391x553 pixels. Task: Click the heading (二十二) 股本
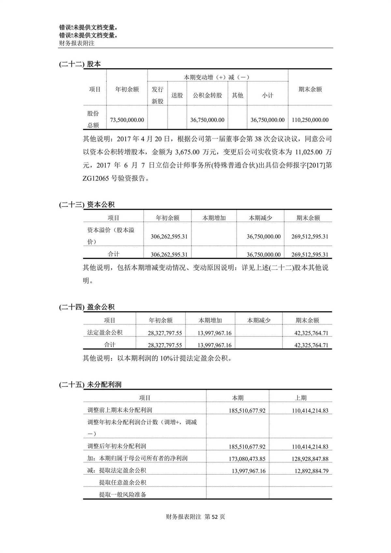80,64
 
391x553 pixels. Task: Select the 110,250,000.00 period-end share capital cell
310,120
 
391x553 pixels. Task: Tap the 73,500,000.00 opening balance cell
127,120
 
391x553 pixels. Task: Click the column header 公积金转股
207,95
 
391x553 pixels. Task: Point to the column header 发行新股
157,95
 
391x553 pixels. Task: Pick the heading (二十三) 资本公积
87,205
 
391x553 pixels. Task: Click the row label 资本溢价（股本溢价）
111,236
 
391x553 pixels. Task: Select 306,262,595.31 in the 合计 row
169,255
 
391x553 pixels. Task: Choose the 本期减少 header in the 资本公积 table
260,218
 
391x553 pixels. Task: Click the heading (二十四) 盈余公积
87,307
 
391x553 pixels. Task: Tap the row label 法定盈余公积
105,333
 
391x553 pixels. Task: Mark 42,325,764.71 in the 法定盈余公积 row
311,333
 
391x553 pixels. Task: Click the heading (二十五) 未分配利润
90,385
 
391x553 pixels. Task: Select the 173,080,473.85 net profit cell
247,459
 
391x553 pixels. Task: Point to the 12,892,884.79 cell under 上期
310,471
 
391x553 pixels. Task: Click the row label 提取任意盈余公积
123,483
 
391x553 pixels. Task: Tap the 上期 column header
300,398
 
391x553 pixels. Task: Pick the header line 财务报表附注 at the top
77,43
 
